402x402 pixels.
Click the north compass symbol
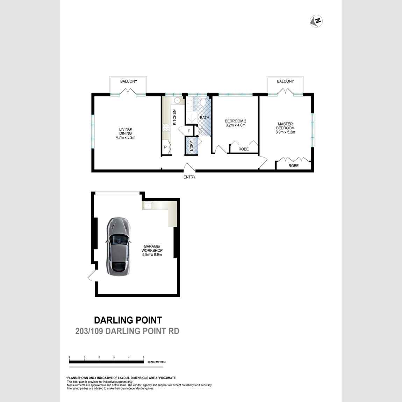[x=316, y=21]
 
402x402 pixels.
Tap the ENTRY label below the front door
[x=189, y=177]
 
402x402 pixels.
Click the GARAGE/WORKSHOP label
[x=152, y=250]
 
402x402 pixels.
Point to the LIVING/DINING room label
[x=125, y=133]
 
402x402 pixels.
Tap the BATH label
[x=204, y=118]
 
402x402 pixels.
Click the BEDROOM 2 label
[x=236, y=123]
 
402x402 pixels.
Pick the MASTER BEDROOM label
[x=285, y=128]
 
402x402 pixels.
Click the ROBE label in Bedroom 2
[x=244, y=149]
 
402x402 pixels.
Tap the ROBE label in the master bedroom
[x=294, y=166]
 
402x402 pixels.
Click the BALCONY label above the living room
[x=129, y=81]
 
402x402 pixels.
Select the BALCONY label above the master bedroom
[x=285, y=81]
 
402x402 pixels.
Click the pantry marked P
[x=165, y=148]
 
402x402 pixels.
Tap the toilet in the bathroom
[x=204, y=102]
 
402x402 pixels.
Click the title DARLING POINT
[x=128, y=320]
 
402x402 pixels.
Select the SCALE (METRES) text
[x=157, y=362]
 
